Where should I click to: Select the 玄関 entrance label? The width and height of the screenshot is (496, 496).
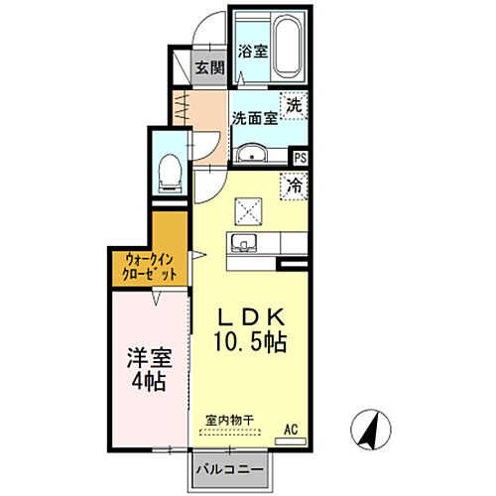[208, 68]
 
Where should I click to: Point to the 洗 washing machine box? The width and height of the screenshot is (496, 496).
[294, 104]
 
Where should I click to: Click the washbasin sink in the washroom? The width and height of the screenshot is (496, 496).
[251, 153]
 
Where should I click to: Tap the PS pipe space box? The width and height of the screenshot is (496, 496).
[301, 157]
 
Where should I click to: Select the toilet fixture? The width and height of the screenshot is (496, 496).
[168, 175]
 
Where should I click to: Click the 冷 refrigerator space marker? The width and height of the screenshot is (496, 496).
[295, 185]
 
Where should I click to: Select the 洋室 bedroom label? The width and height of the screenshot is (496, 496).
[145, 358]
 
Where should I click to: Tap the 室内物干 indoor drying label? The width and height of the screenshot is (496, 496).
[229, 421]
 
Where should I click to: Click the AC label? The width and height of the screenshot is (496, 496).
[291, 429]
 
